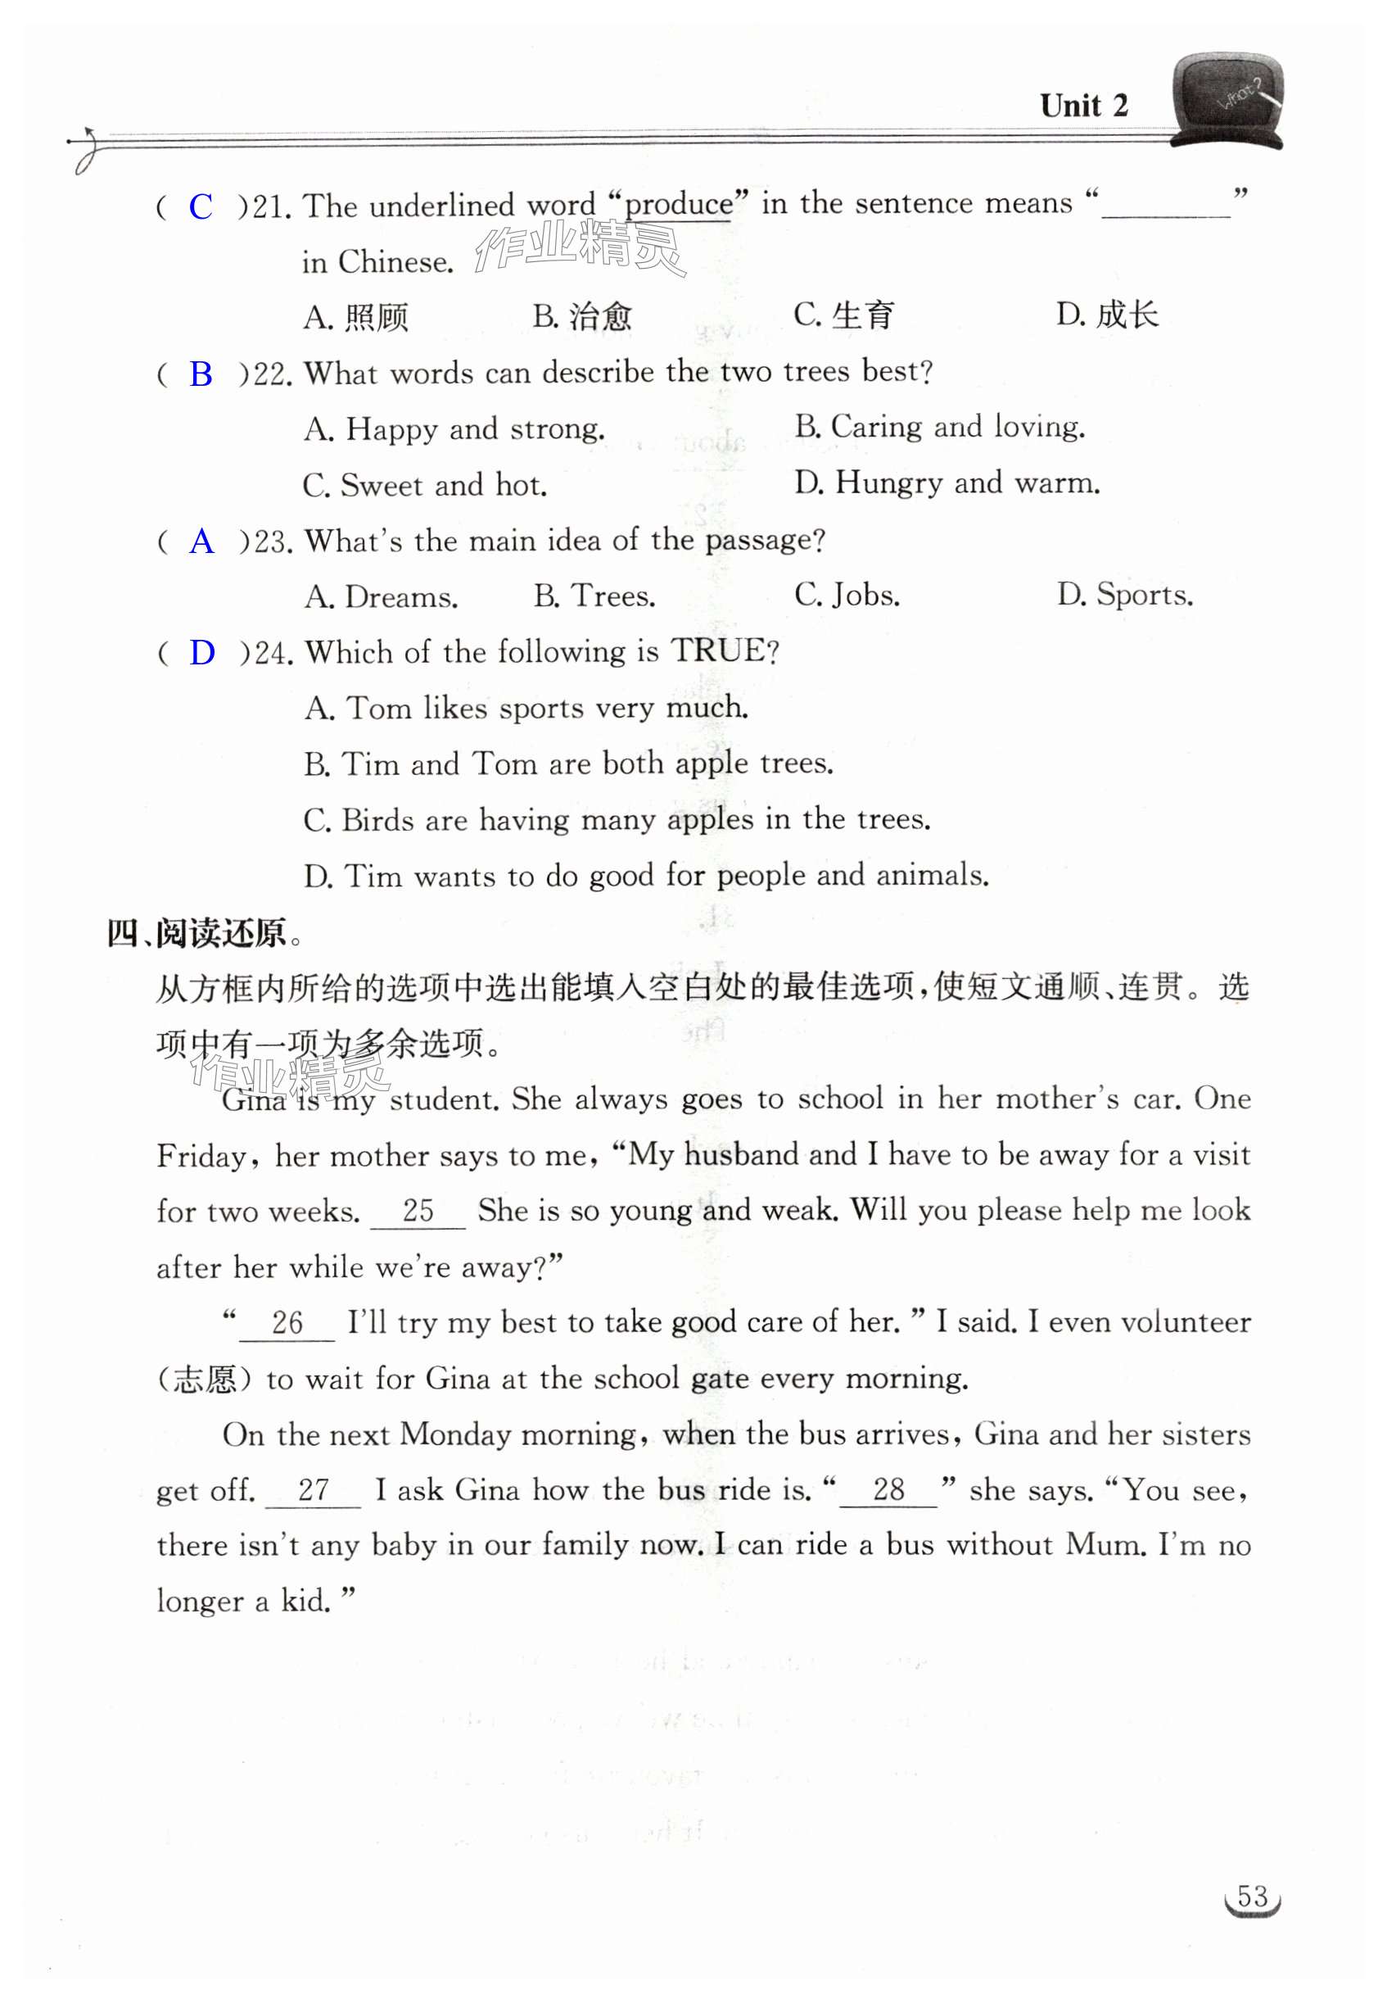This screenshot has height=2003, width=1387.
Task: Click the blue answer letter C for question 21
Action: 201,207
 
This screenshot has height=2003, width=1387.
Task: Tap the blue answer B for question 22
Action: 201,374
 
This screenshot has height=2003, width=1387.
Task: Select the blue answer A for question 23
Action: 201,542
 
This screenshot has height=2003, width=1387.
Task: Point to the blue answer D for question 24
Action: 201,653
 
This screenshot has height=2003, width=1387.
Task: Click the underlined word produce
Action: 679,205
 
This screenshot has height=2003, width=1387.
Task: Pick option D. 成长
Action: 1107,315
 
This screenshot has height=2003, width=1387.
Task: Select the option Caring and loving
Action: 939,427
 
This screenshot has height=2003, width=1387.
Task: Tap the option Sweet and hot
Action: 425,485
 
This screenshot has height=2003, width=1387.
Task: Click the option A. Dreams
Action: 381,597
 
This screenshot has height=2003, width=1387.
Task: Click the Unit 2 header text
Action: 1084,106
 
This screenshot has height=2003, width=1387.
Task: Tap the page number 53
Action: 1252,1896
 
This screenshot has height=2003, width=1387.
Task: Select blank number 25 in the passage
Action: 418,1211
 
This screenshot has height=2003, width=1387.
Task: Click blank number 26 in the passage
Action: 287,1323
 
